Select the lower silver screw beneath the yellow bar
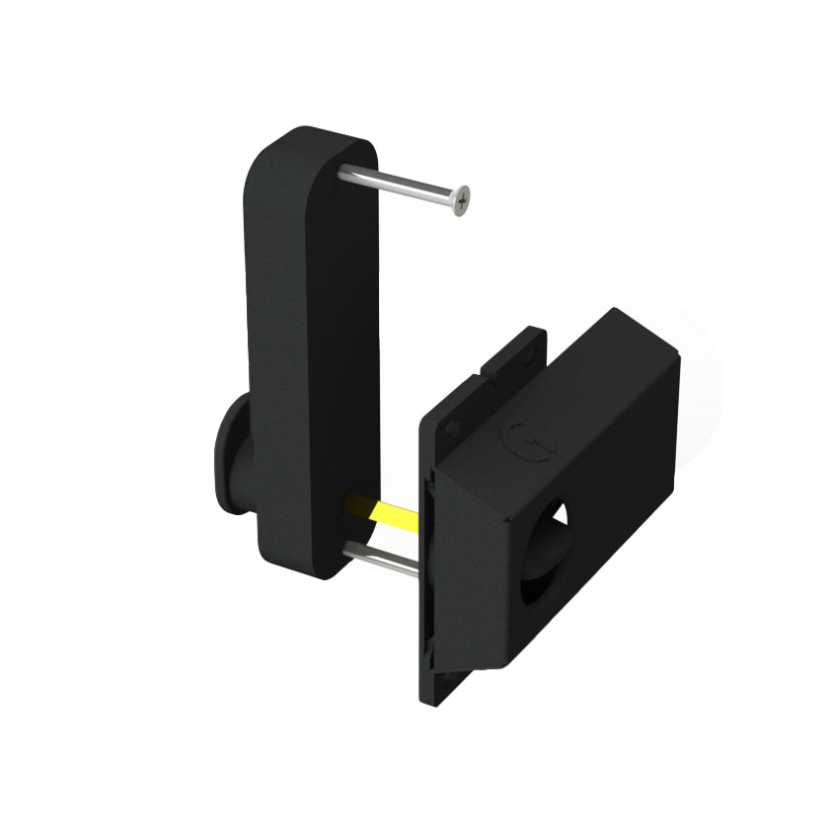(x=380, y=559)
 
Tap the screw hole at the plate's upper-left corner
(x=453, y=426)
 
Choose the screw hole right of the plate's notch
(x=534, y=340)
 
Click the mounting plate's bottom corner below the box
(x=434, y=691)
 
